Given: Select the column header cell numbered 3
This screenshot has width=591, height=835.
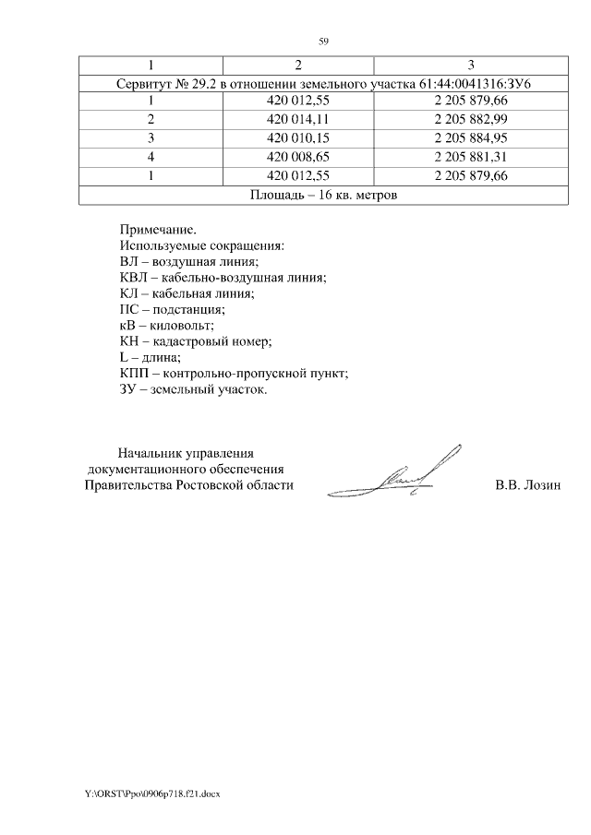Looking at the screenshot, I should [471, 65].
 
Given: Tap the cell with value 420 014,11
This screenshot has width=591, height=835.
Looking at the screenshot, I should [297, 120].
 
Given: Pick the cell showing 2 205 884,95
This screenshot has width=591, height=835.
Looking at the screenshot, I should [471, 138].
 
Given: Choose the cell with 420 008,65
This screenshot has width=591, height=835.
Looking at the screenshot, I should [297, 157].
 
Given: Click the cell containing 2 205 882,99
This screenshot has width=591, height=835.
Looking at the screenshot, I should [471, 120].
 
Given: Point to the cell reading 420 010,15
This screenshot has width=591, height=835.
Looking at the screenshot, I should [297, 138].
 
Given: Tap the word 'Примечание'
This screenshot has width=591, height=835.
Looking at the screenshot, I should [158, 228].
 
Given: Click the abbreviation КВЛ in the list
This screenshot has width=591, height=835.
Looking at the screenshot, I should [135, 278].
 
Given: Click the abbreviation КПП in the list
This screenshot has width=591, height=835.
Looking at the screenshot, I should [135, 375].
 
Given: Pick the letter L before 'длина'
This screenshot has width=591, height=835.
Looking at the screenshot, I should [124, 358].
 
